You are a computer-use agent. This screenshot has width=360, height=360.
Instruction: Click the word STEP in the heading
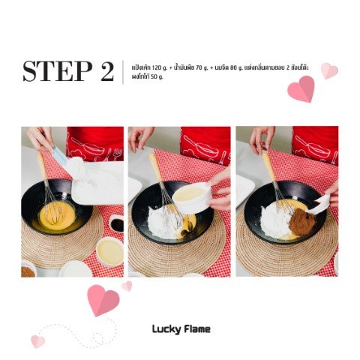pyautogui.click(x=58, y=71)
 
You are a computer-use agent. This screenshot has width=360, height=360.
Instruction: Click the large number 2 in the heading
pyautogui.click(x=107, y=71)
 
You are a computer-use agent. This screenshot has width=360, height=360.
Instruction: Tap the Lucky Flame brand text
pyautogui.click(x=181, y=329)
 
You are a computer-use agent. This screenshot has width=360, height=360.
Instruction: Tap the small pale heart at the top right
pyautogui.click(x=329, y=70)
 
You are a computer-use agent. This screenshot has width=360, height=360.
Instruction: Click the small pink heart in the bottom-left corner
pyautogui.click(x=37, y=341)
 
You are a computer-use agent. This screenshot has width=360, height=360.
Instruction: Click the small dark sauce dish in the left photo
pyautogui.click(x=116, y=223)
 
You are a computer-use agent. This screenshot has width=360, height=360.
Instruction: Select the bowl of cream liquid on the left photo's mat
pyautogui.click(x=109, y=251)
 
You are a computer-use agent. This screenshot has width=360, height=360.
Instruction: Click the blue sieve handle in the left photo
pyautogui.click(x=58, y=154)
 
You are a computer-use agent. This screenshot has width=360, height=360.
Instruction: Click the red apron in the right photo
pyautogui.click(x=316, y=145)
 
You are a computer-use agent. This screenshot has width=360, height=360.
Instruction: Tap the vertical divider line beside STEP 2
pyautogui.click(x=123, y=72)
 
